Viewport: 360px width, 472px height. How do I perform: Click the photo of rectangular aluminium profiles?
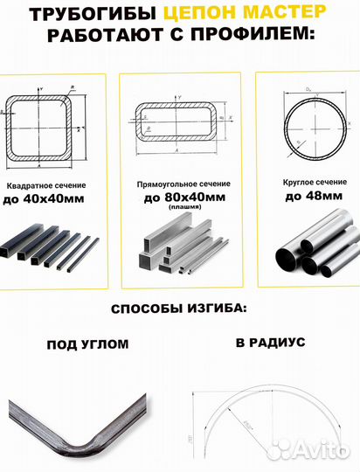[x=180, y=246]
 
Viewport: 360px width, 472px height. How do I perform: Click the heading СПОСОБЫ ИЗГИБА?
[x=180, y=309]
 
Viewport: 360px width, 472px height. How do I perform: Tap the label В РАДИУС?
[x=270, y=343]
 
